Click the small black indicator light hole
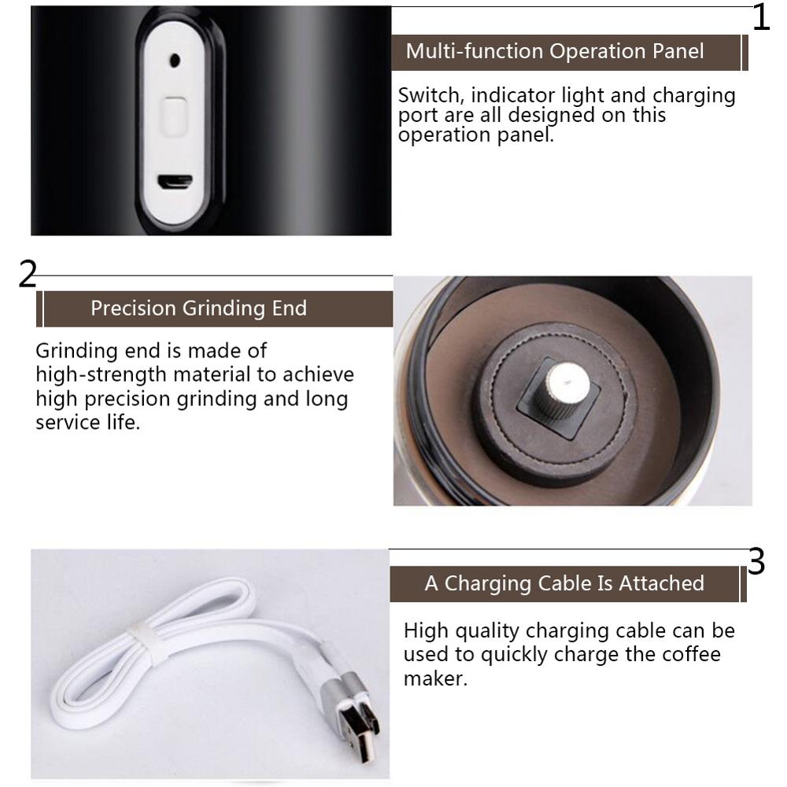click(175, 61)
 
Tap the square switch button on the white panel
click(174, 116)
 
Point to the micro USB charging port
click(176, 183)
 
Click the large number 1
click(761, 17)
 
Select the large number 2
click(28, 274)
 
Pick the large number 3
click(756, 561)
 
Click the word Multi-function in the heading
click(475, 51)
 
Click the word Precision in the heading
click(134, 309)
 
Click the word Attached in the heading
click(662, 583)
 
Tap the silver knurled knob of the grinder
click(561, 390)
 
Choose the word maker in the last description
click(435, 678)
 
